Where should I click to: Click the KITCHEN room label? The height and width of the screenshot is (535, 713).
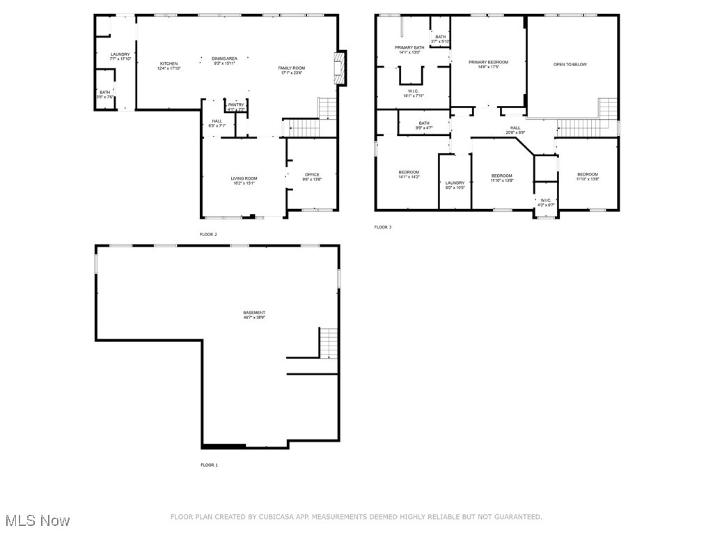coord(169,63)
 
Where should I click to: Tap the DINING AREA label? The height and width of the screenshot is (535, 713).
coord(224,59)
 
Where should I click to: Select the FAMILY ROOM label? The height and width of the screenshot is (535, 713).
coord(292,68)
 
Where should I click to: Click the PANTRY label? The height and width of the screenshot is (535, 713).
coord(236,104)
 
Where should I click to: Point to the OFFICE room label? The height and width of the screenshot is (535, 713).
coord(311,175)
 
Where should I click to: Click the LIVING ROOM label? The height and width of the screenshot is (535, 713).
coord(244,178)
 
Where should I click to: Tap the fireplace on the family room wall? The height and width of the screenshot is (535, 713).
coord(339,68)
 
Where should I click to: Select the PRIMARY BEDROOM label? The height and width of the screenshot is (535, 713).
coord(488,62)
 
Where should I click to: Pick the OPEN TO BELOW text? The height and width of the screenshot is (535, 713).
coord(570,64)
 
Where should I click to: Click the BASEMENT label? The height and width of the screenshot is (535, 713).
coord(254,312)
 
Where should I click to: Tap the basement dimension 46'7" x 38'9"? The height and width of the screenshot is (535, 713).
coord(254,318)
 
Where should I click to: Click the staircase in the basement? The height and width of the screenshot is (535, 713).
coord(329,342)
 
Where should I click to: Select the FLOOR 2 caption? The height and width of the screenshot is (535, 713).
coord(208,235)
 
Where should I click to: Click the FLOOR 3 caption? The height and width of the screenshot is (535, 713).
coord(382,227)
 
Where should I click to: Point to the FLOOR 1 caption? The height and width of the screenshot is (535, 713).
coord(209,465)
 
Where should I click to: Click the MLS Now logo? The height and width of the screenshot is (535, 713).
coord(37,520)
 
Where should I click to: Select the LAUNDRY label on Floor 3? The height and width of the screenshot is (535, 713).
coord(455,183)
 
